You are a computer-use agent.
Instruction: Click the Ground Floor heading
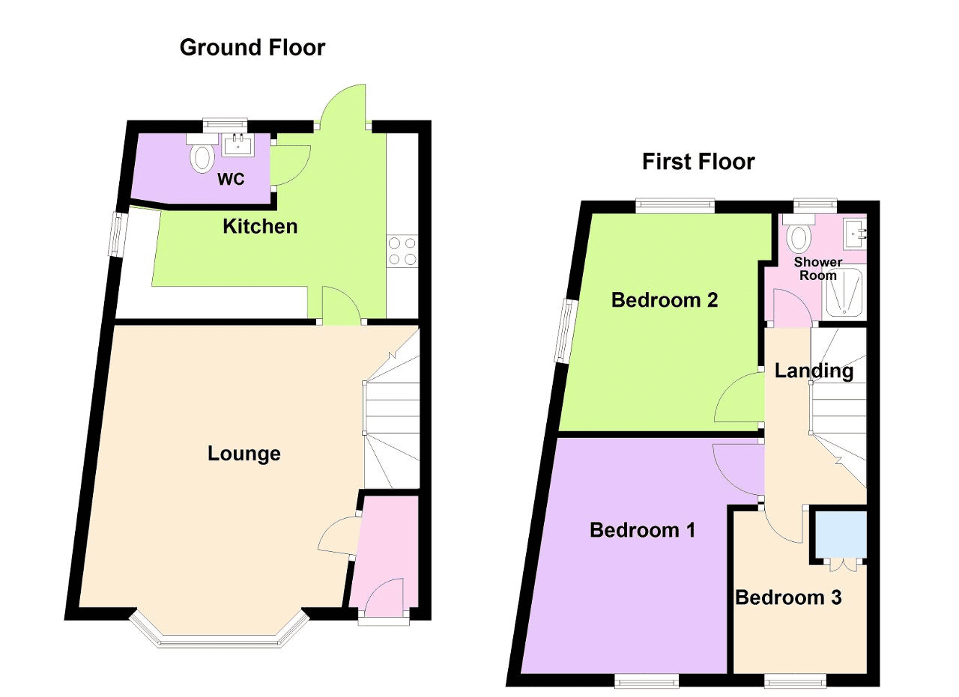click(252, 47)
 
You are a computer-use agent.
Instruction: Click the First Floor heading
click(698, 162)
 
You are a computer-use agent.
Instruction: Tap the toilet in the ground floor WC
click(202, 153)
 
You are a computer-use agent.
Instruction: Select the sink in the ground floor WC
click(238, 144)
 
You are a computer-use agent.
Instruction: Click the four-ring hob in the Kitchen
click(402, 251)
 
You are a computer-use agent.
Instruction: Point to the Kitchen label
click(260, 226)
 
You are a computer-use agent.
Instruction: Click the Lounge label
click(244, 454)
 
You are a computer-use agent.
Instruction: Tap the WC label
click(231, 179)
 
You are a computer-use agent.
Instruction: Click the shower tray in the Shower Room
click(844, 293)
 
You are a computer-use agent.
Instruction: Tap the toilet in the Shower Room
click(799, 234)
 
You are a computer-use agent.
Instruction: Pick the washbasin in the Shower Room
click(855, 234)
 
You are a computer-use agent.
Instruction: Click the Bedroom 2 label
click(665, 300)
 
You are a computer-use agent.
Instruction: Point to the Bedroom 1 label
click(642, 530)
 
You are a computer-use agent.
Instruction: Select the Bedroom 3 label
click(788, 597)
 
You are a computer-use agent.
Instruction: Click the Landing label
click(814, 371)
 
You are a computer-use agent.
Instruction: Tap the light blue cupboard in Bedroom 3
click(841, 535)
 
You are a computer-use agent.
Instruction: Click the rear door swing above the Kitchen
click(342, 105)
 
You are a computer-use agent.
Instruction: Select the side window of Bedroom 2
click(565, 331)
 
